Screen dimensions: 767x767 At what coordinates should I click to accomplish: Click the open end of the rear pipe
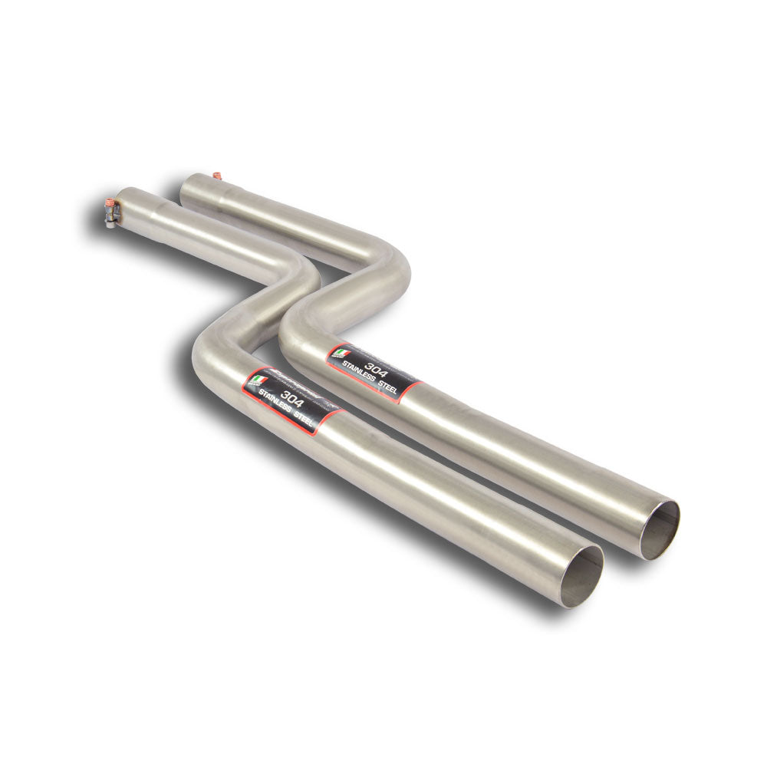659,528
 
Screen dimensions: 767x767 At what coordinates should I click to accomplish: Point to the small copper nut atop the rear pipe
217,176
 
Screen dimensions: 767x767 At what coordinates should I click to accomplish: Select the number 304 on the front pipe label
291,396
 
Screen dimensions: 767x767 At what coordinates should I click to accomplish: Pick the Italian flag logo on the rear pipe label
341,354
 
